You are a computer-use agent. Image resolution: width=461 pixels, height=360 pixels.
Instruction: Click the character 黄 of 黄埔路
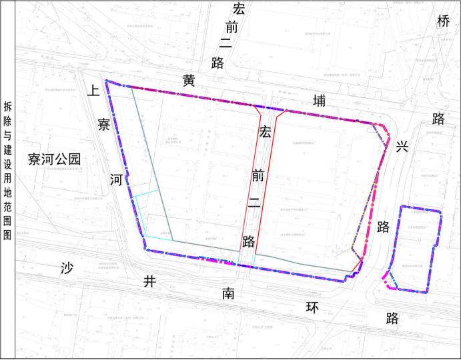point(189,81)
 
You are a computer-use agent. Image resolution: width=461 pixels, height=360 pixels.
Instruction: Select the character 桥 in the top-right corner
point(444,21)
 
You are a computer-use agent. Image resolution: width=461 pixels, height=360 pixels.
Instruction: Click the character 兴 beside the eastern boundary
point(402,147)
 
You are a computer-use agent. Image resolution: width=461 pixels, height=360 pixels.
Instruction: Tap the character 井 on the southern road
point(150,281)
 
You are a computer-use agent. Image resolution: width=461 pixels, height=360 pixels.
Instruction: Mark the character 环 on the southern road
point(312,307)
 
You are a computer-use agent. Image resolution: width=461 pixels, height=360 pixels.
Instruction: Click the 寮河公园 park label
point(54,159)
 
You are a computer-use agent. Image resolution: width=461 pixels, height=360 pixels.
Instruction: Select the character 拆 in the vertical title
point(7,107)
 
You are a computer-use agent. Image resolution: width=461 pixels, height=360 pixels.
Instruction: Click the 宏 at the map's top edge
point(238,9)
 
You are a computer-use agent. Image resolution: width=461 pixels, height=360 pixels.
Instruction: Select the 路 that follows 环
point(392,319)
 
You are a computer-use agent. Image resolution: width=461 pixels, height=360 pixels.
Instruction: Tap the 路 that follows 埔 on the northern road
point(438,119)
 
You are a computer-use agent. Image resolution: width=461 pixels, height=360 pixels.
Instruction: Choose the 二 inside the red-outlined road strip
point(254,206)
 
